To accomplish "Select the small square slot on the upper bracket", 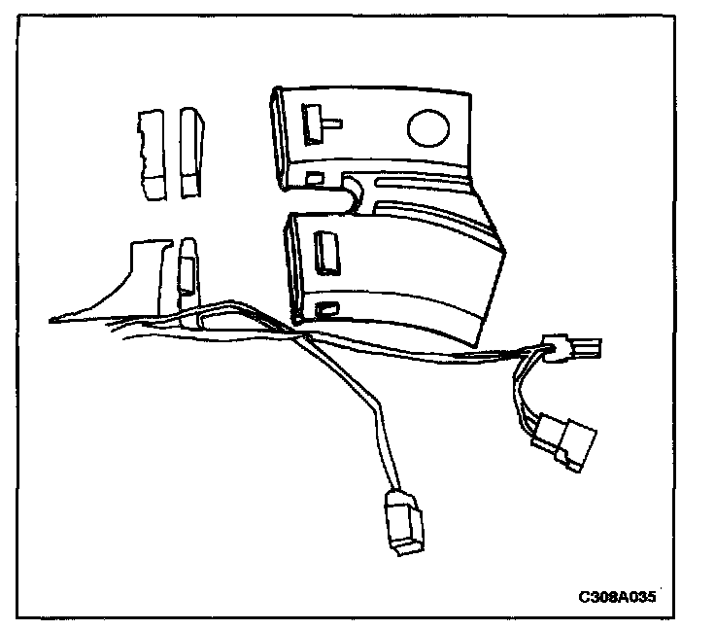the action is click(x=315, y=178).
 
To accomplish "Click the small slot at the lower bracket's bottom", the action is click(x=328, y=309).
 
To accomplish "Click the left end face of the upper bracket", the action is click(x=279, y=136).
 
